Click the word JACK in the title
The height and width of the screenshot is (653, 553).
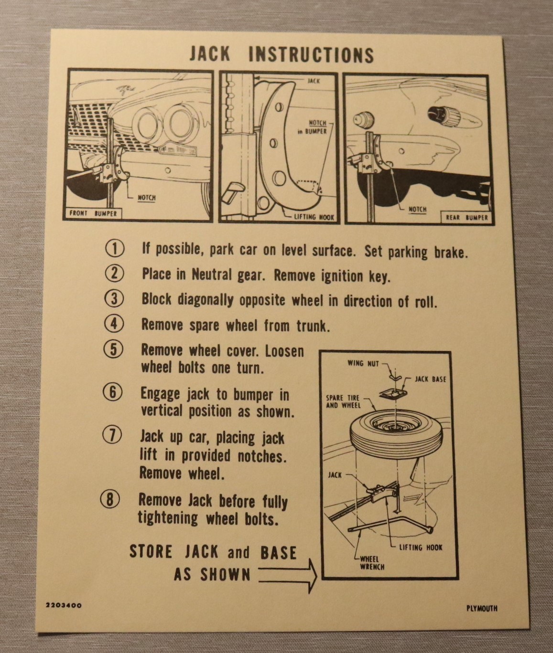210,54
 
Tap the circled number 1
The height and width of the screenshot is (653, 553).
115,249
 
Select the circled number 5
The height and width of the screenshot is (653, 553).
113,350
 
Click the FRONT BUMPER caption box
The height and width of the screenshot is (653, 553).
93,213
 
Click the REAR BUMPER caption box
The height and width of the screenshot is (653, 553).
466,218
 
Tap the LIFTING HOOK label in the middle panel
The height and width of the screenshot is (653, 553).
314,217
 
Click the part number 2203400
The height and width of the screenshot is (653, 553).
64,605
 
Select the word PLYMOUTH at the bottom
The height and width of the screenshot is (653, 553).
481,609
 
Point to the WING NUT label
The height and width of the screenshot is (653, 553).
363,363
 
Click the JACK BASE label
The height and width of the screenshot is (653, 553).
430,379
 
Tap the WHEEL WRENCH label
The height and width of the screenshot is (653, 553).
372,563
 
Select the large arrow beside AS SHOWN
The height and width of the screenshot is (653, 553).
288,576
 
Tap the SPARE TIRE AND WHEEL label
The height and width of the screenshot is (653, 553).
343,401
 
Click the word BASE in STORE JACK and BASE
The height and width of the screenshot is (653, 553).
278,553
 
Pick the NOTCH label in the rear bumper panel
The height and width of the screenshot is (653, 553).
418,210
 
